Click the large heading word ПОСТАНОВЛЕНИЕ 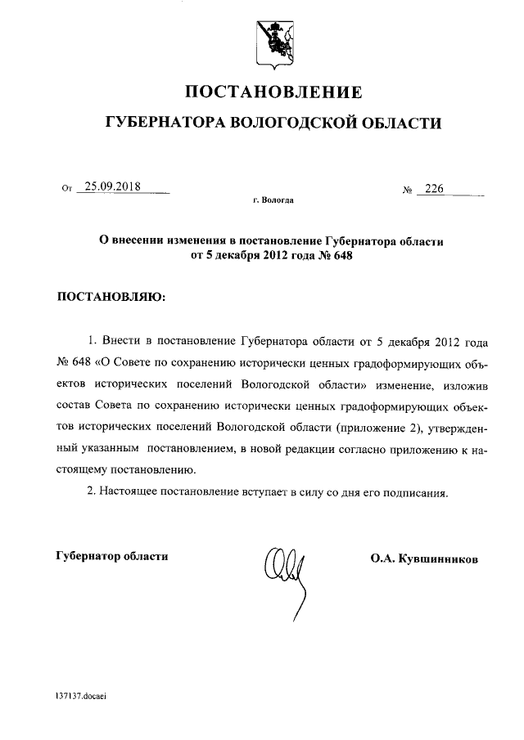tap(273, 92)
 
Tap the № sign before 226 tap(406, 191)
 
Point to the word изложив tap(472, 383)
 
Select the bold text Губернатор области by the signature tap(112, 556)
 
